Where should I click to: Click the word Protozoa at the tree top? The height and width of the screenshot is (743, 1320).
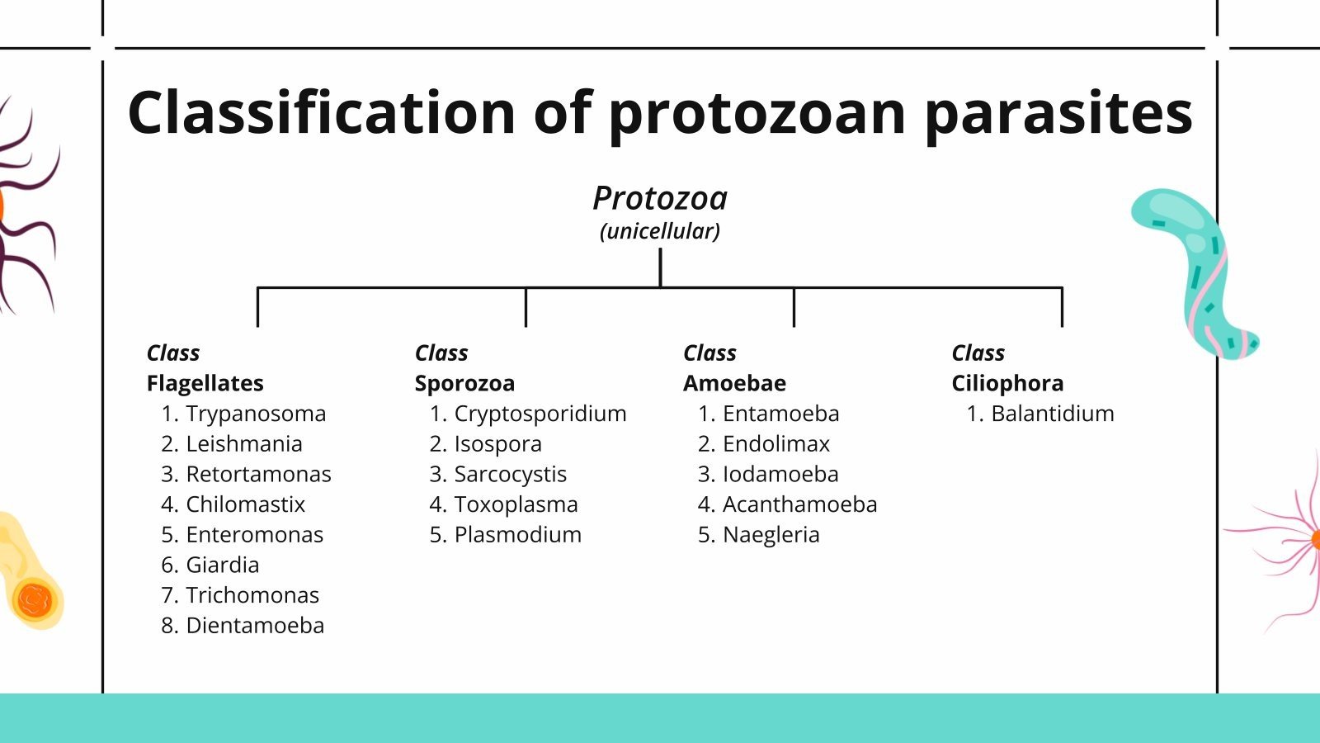click(x=660, y=199)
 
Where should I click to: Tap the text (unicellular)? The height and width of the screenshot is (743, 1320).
click(x=660, y=231)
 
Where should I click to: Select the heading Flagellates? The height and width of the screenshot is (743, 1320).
click(x=205, y=383)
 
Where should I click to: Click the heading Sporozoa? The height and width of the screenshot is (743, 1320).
click(x=464, y=383)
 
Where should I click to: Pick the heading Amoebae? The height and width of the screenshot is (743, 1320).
click(x=734, y=383)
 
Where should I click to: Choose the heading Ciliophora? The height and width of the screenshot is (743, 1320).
click(x=1007, y=383)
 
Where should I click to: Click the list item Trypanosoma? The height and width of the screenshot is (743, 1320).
click(x=256, y=414)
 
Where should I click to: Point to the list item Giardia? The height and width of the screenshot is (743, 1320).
click(x=222, y=565)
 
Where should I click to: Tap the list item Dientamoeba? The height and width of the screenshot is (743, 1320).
click(x=255, y=626)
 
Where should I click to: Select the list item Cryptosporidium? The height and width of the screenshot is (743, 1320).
click(x=540, y=414)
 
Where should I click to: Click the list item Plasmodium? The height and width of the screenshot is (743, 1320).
click(x=517, y=535)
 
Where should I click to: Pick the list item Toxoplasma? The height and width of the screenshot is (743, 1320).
click(x=516, y=504)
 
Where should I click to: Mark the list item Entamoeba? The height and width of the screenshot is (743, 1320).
click(x=780, y=414)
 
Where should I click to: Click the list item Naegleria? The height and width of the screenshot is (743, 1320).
click(x=771, y=535)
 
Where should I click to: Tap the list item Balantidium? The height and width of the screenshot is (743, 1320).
click(x=1052, y=414)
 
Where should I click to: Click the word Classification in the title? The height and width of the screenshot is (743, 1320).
click(x=322, y=112)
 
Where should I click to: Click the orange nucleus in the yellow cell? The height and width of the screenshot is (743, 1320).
click(x=35, y=600)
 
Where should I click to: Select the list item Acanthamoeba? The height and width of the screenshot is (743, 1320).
click(x=799, y=504)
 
